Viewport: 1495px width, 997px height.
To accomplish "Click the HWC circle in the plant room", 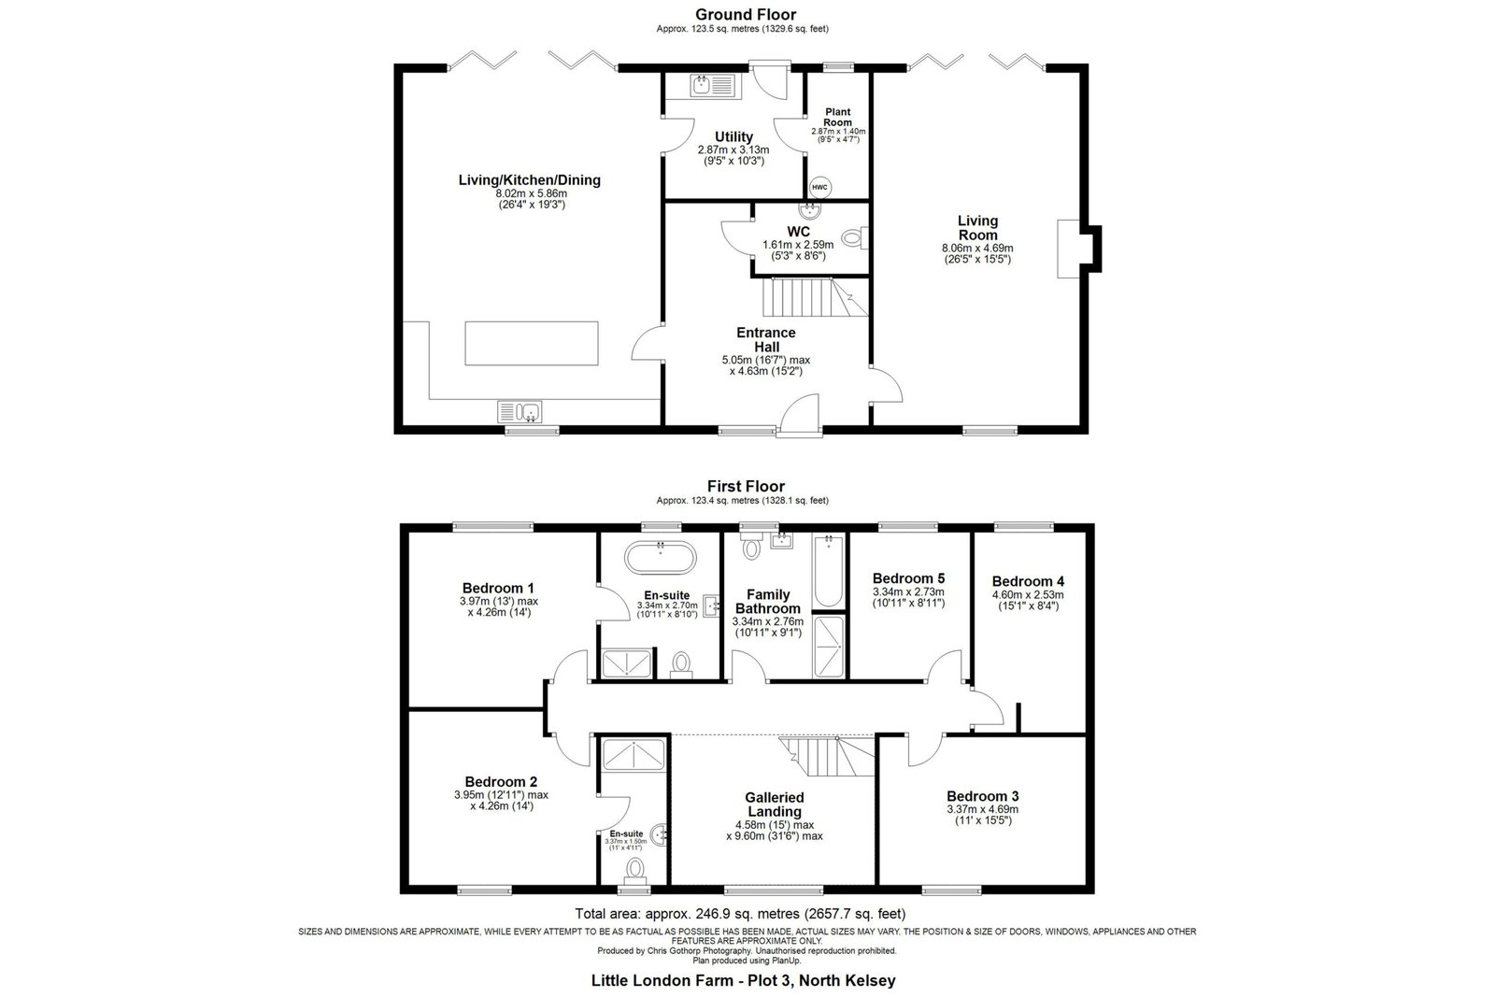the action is coord(819,188).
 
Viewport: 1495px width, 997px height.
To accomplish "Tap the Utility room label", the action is coord(733,136).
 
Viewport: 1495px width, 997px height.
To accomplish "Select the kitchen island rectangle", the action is coord(532,343).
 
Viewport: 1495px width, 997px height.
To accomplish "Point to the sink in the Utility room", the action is coord(713,85).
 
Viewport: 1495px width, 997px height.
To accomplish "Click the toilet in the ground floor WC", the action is coord(855,237).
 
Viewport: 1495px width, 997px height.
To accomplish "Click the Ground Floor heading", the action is coord(746,15).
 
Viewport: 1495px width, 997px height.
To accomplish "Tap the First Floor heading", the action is coord(747,487).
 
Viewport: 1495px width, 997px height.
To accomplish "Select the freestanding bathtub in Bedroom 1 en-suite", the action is coord(660,557).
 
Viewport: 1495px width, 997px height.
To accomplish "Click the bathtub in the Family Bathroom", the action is coord(828,571).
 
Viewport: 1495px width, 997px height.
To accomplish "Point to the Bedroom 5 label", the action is coord(908,577).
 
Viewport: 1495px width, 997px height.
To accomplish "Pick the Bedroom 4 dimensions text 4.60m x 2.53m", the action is coord(1028,594).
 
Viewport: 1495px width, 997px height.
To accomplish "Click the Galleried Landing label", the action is coord(775,805).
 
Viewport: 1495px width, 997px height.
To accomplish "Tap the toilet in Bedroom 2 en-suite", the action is coord(635,870).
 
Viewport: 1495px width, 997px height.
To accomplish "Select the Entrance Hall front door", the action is coord(800,415).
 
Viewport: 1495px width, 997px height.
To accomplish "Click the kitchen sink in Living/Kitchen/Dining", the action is coord(520,412).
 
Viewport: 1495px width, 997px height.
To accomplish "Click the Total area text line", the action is coord(740,914).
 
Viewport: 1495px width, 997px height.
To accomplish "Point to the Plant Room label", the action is coord(837,118).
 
